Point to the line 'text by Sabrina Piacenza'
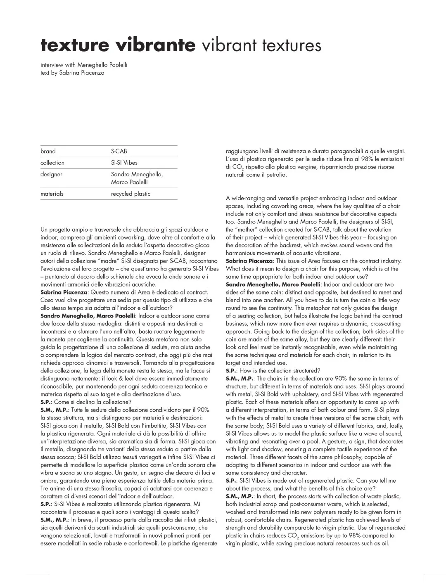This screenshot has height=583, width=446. point(72,73)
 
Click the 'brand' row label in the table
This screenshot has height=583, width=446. point(48,151)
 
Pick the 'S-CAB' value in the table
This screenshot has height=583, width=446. point(119,151)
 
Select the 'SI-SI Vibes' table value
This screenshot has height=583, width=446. point(124,163)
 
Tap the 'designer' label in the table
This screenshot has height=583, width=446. point(51,174)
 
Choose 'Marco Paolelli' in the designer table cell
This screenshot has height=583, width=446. point(129,182)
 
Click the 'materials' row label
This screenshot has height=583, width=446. point(52,194)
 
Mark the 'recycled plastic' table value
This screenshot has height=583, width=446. point(130,194)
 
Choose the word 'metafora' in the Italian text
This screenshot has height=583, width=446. point(167,339)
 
